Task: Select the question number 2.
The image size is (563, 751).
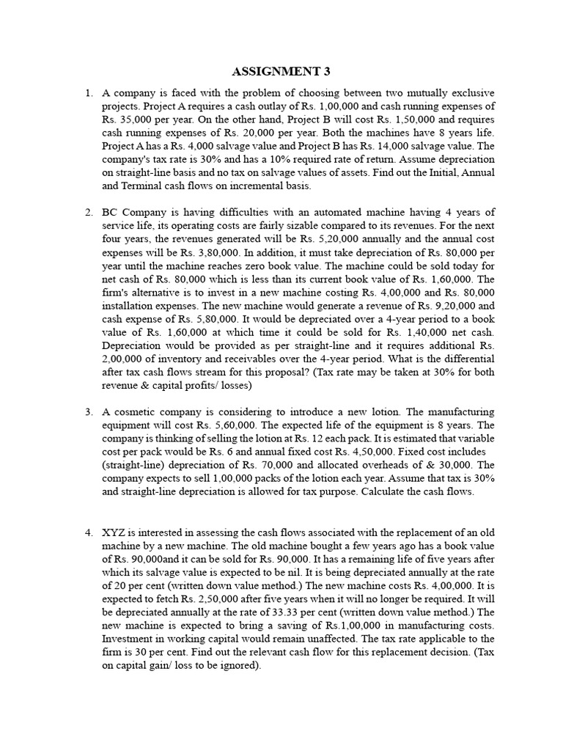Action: point(88,213)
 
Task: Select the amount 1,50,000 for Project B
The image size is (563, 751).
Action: point(420,120)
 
